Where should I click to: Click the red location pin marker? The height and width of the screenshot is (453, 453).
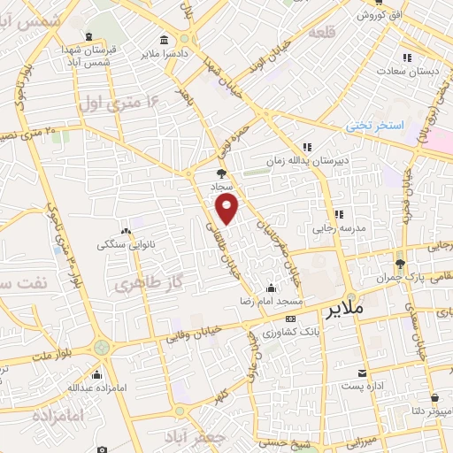tap(227, 210)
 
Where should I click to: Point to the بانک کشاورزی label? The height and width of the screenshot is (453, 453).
tap(289, 333)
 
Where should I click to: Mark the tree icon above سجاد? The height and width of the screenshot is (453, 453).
tap(220, 173)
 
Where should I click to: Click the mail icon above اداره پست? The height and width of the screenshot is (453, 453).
tap(362, 372)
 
